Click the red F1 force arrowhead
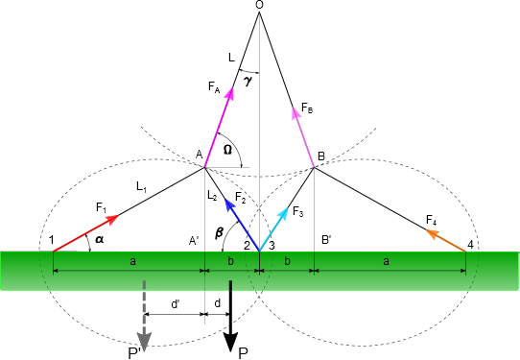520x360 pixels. [x=113, y=219]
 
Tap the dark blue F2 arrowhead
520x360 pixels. [x=229, y=204]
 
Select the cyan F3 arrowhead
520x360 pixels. [x=283, y=212]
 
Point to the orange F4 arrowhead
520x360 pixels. [x=431, y=233]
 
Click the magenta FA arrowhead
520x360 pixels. [x=229, y=92]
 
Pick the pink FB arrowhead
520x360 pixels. [x=295, y=111]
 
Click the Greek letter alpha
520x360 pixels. [x=99, y=239]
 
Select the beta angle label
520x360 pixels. [x=219, y=232]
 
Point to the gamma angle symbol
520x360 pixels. [x=248, y=82]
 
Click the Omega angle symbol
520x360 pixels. [x=227, y=150]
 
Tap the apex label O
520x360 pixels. [x=260, y=4]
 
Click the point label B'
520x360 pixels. [x=326, y=240]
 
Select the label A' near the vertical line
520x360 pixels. [x=194, y=241]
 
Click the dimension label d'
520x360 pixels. [x=176, y=304]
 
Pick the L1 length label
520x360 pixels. [x=142, y=187]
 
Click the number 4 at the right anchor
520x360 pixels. [x=470, y=245]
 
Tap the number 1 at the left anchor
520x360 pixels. [x=51, y=240]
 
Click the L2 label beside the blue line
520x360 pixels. [x=212, y=196]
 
